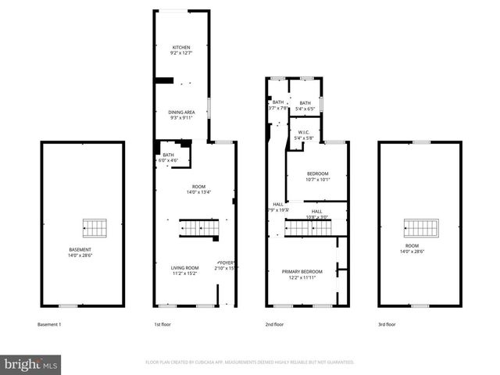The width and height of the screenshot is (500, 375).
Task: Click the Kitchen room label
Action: (x=181, y=50)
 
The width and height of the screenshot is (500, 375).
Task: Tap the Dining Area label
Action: (x=181, y=114)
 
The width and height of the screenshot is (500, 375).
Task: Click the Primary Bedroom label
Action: (x=302, y=273)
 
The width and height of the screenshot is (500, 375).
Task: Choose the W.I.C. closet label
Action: (x=302, y=135)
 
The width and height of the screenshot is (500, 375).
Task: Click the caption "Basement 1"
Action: (x=49, y=324)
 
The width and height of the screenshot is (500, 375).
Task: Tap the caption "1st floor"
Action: (x=162, y=324)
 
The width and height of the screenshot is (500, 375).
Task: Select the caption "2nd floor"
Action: (x=274, y=324)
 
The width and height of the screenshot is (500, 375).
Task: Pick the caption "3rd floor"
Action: (x=387, y=324)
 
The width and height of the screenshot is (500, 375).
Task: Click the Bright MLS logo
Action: (x=31, y=363)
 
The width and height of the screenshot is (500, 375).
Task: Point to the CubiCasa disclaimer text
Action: (x=250, y=362)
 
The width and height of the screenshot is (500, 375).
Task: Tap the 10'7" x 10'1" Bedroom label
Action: (x=317, y=176)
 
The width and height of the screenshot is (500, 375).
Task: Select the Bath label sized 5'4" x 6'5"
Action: (x=305, y=106)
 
